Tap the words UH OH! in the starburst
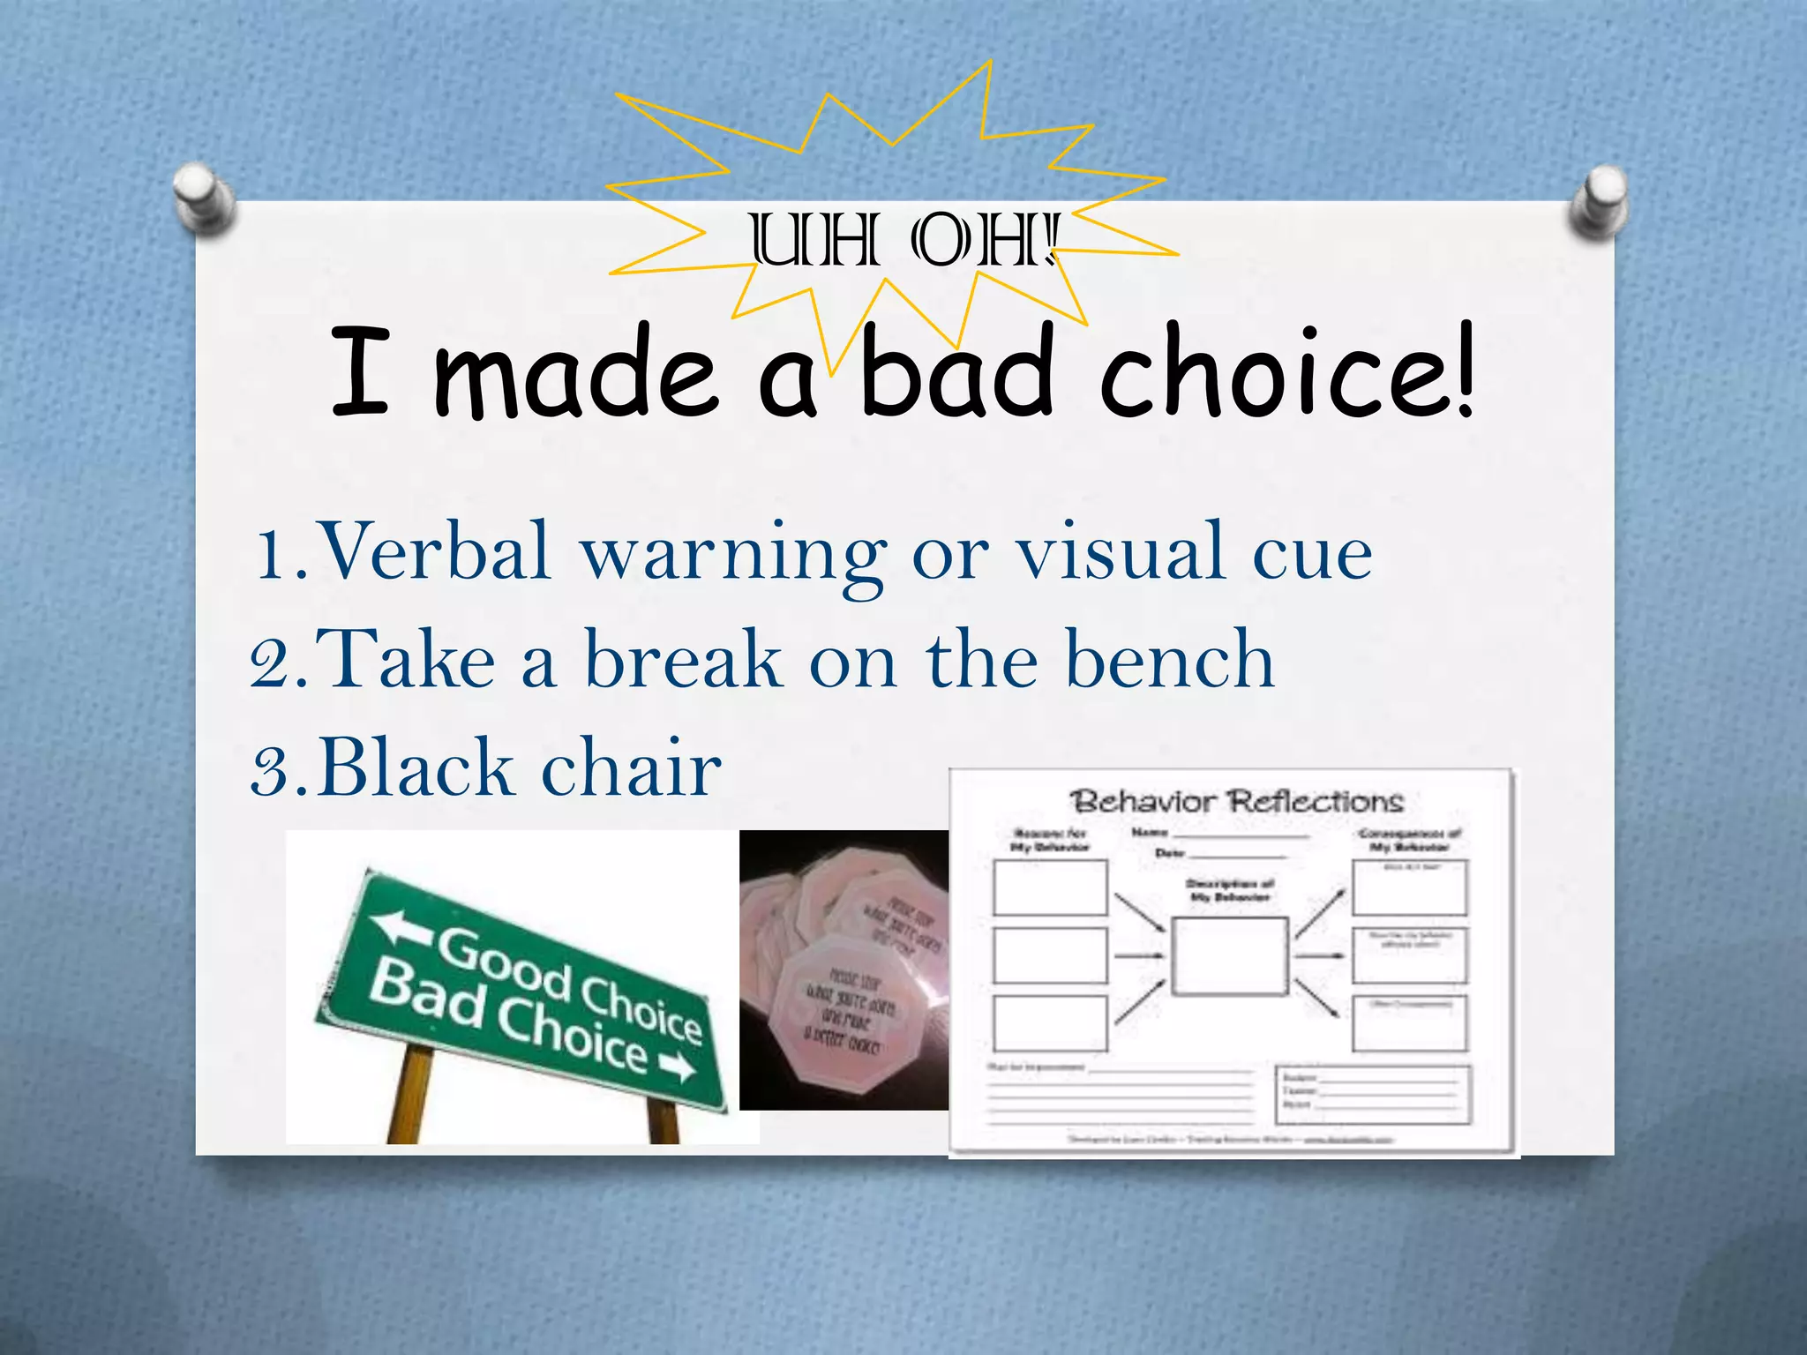click(903, 241)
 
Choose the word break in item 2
click(684, 660)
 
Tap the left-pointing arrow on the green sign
click(397, 926)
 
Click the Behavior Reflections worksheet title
click(1236, 801)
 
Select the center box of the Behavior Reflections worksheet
click(1229, 956)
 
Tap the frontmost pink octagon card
click(838, 1014)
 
